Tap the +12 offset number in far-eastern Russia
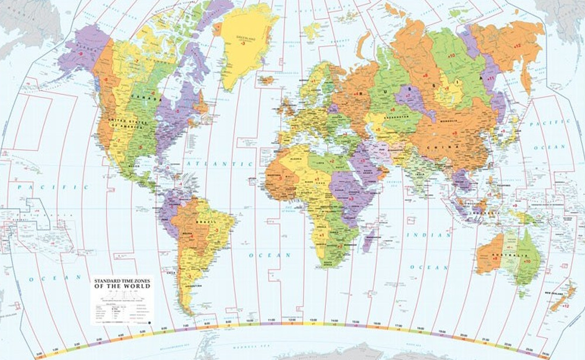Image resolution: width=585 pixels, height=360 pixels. (x=517, y=45)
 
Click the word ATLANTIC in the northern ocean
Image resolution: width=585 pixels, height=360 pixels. (x=208, y=166)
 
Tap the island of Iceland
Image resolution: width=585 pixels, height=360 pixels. (x=267, y=80)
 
